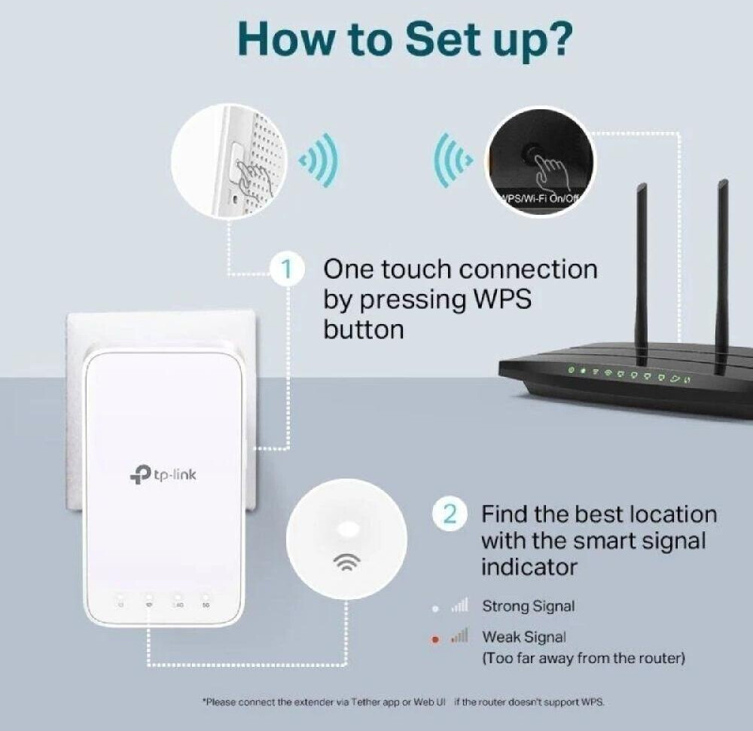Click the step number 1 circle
tap(286, 269)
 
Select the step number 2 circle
tap(449, 515)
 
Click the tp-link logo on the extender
tap(163, 475)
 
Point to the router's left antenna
tap(642, 271)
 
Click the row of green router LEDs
tap(630, 374)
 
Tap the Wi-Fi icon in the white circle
tap(346, 561)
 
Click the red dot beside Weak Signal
tap(435, 640)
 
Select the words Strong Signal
tap(528, 606)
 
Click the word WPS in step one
tap(501, 299)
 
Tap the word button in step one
tap(363, 329)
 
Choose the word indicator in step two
tap(529, 566)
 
